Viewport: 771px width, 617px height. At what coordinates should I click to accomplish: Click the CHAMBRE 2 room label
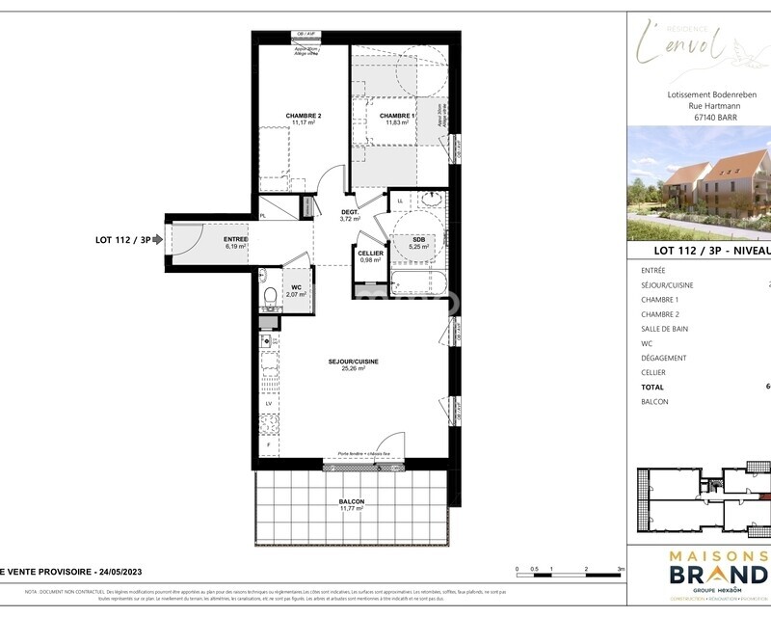point(303,116)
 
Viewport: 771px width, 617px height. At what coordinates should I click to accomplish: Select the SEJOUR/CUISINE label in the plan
point(353,362)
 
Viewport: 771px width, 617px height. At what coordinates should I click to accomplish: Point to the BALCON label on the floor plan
point(351,502)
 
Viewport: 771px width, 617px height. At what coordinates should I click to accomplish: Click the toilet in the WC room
point(269,296)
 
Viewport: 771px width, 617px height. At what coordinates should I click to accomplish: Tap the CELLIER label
point(370,253)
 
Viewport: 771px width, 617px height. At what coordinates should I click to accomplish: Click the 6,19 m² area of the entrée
point(236,246)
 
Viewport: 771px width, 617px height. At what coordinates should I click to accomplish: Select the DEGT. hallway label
point(350,212)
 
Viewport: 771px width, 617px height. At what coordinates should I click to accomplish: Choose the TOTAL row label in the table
point(654,387)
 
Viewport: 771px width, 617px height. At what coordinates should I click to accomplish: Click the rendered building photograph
point(699,183)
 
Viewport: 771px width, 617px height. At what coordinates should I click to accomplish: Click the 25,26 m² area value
point(353,370)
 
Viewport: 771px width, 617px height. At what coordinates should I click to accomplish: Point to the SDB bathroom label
point(420,238)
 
